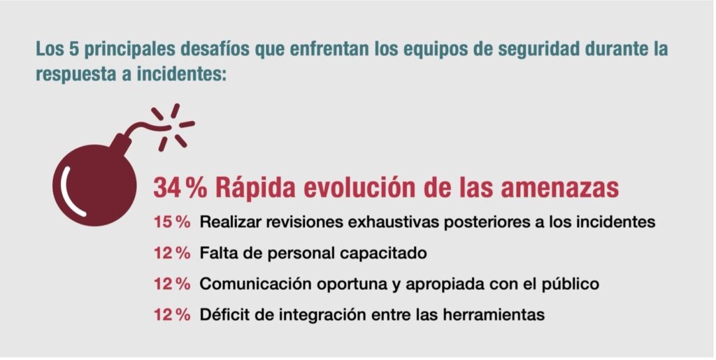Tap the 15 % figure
(x=172, y=222)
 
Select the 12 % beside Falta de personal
(x=172, y=253)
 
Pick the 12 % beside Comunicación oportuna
(x=172, y=284)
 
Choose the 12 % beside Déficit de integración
(x=172, y=315)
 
